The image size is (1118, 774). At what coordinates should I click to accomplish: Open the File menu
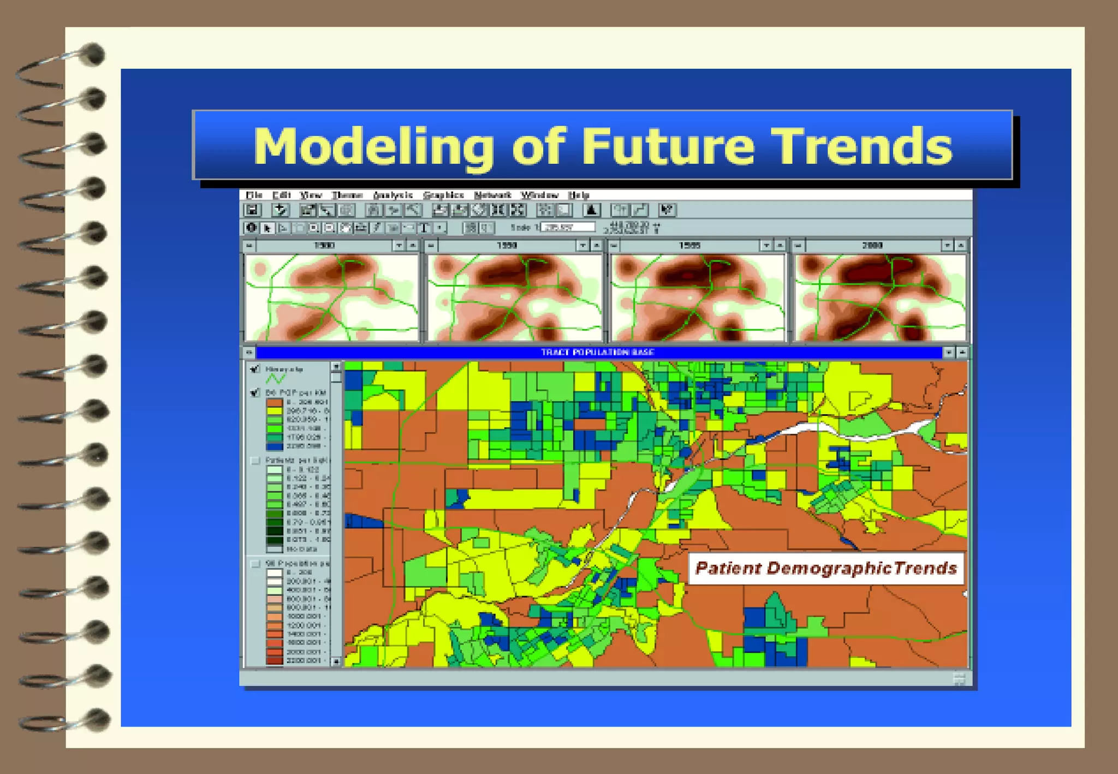click(254, 195)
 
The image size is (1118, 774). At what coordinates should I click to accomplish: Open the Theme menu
click(347, 195)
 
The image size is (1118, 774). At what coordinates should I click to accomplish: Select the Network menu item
click(492, 195)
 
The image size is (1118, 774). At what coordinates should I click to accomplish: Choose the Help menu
click(579, 195)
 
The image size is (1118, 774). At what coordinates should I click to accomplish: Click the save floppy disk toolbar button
click(252, 210)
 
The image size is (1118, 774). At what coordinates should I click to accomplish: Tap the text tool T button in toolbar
click(424, 228)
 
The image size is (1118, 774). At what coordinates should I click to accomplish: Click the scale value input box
click(568, 227)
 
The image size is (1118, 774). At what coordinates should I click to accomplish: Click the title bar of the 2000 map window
click(872, 246)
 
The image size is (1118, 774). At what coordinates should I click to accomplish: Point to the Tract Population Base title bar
click(598, 352)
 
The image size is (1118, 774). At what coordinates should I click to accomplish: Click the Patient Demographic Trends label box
click(825, 568)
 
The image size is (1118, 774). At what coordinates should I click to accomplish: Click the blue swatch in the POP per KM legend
click(274, 446)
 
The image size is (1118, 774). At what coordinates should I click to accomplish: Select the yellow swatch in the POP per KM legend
click(274, 411)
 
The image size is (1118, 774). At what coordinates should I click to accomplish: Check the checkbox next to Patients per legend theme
click(255, 461)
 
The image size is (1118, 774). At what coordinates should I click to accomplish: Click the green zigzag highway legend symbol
click(276, 378)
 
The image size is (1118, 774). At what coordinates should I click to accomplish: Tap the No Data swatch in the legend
click(274, 549)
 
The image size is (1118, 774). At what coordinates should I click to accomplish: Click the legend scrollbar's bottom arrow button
click(336, 661)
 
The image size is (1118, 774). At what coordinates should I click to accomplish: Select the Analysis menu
click(393, 195)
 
